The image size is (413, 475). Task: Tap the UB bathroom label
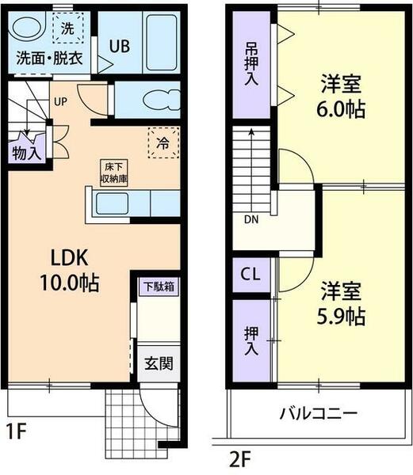[120, 46]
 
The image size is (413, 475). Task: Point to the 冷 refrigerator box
[162, 143]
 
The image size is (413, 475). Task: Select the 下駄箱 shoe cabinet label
[159, 286]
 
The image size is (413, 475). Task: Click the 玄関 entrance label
[158, 365]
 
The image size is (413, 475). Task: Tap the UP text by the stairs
[61, 102]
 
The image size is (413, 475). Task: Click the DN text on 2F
[250, 220]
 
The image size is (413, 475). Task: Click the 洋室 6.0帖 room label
[342, 96]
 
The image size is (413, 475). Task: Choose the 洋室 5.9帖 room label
[342, 303]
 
